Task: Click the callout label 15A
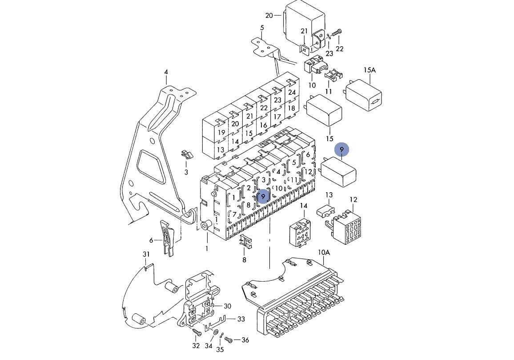point(369,70)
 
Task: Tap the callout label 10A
point(324,252)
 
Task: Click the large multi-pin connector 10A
point(296,303)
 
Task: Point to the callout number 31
point(146,254)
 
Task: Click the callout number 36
point(245,340)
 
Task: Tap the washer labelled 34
point(216,332)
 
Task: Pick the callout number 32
point(196,346)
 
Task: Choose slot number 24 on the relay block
point(292,93)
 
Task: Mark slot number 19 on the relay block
point(221,133)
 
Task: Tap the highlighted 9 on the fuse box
point(263,196)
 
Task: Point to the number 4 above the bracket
point(166,72)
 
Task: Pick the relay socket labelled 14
point(301,231)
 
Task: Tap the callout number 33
point(241,319)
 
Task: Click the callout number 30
point(227,306)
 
